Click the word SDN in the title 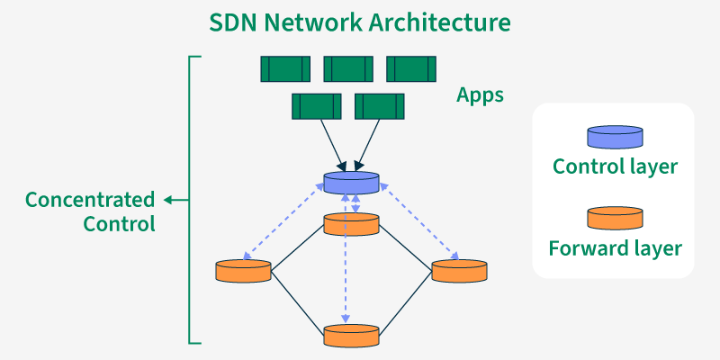click(233, 21)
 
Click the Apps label click(480, 94)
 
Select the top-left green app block click(285, 68)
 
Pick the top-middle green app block click(348, 68)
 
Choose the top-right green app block click(411, 68)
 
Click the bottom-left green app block click(317, 106)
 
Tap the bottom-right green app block click(380, 106)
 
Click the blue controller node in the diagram click(351, 182)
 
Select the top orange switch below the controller click(351, 223)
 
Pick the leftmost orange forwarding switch click(244, 269)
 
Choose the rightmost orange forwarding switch click(459, 269)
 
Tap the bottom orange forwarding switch click(351, 335)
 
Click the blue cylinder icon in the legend click(616, 137)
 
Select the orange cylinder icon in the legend click(616, 218)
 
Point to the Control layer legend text click(615, 166)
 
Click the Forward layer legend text click(615, 247)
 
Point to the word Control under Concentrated click(120, 223)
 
